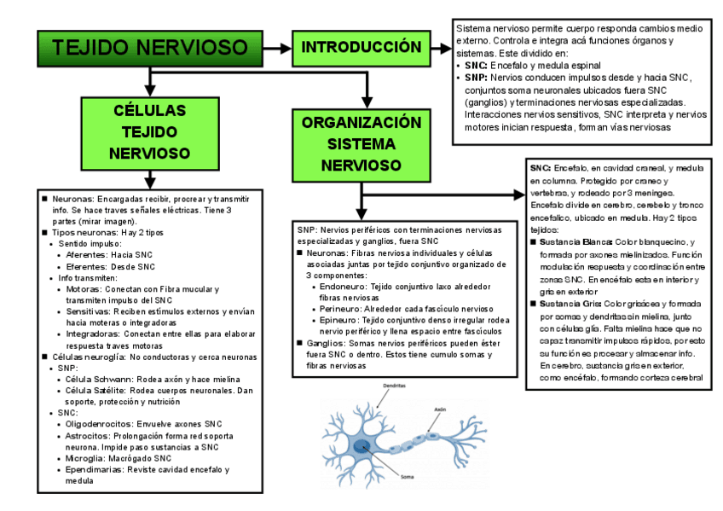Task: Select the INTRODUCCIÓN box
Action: tap(361, 46)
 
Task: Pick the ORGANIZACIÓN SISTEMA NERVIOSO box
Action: tap(361, 143)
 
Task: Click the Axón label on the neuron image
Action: tap(440, 409)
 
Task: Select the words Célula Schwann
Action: tap(92, 379)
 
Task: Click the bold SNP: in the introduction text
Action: tap(476, 77)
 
